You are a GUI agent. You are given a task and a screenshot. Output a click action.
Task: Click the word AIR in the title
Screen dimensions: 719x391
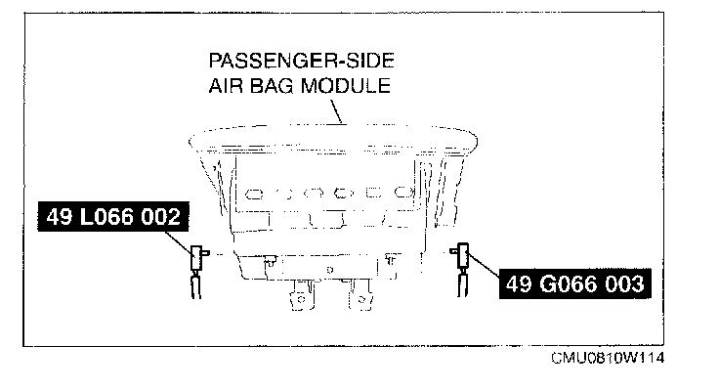click(225, 85)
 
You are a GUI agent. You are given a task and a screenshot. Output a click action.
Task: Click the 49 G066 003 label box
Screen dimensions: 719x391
click(575, 284)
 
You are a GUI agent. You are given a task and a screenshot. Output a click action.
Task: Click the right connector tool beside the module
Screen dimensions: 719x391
click(458, 259)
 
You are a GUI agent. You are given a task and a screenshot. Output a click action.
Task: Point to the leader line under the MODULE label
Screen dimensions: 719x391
click(337, 112)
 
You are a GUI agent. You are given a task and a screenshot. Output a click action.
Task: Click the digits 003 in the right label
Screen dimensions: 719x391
click(620, 284)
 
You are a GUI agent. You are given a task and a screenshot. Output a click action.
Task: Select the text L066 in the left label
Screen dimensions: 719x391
click(108, 218)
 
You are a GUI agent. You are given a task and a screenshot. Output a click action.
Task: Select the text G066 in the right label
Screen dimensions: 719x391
click(571, 284)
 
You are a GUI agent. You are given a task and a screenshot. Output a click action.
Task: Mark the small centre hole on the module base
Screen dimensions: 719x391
click(329, 267)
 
